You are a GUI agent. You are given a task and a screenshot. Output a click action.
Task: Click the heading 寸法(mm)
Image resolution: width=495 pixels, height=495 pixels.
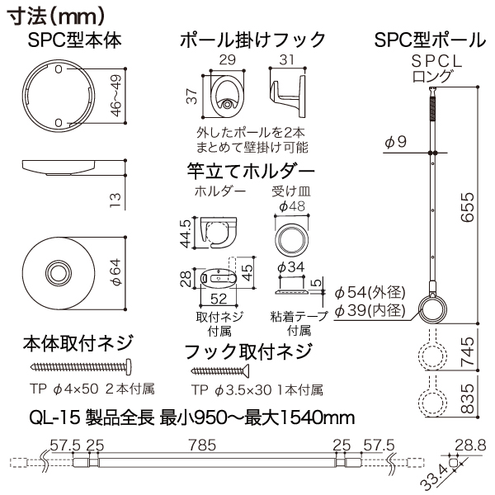tap(55, 14)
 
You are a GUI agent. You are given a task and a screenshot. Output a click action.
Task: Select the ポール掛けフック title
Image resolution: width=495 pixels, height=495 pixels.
tap(252, 40)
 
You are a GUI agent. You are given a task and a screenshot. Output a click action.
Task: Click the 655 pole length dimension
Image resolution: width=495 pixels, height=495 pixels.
tap(469, 202)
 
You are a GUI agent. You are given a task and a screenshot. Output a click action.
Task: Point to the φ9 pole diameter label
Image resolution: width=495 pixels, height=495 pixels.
tap(395, 141)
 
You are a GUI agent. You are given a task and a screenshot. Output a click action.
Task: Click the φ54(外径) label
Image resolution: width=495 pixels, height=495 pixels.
tap(369, 292)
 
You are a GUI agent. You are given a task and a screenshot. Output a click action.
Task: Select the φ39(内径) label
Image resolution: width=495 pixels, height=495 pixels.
tap(369, 310)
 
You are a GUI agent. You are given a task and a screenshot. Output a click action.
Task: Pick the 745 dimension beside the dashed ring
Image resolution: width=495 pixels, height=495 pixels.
tap(469, 355)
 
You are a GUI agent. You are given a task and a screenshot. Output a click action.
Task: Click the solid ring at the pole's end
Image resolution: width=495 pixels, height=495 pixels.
tap(431, 309)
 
